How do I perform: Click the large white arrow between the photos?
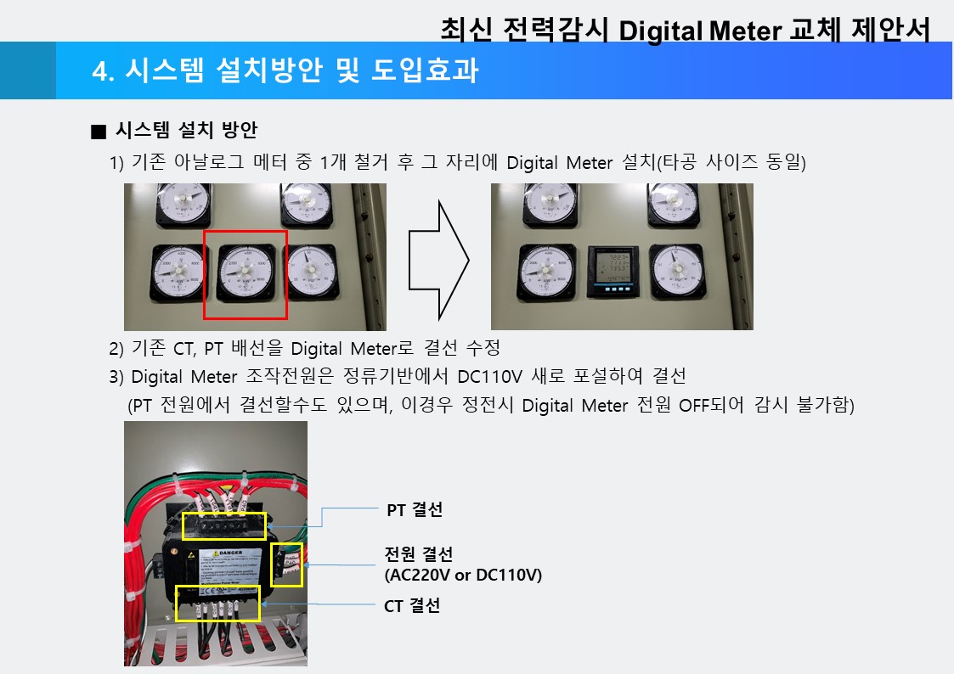pyautogui.click(x=438, y=257)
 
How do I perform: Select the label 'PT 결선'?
pyautogui.click(x=415, y=510)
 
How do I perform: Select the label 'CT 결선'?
pyautogui.click(x=413, y=606)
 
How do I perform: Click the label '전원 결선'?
pyautogui.click(x=419, y=555)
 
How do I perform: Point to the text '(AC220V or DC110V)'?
pyautogui.click(x=463, y=576)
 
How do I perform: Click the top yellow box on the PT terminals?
pyautogui.click(x=224, y=525)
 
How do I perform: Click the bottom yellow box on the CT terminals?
pyautogui.click(x=218, y=602)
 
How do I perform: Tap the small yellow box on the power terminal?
pyautogui.click(x=286, y=564)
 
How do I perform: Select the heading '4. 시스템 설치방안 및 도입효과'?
pyautogui.click(x=285, y=71)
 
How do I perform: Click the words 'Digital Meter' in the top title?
pyautogui.click(x=700, y=31)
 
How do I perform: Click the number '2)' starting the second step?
pyautogui.click(x=117, y=349)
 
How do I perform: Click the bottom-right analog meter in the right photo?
pyautogui.click(x=678, y=271)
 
